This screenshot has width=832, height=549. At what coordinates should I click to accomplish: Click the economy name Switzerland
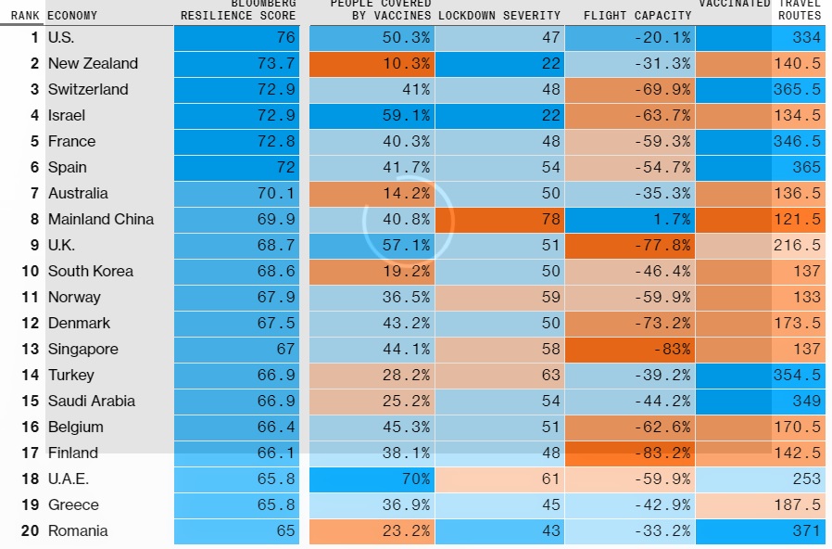(88, 90)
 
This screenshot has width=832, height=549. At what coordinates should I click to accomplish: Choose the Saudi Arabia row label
(92, 402)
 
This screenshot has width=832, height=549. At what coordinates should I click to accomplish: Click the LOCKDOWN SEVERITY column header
(499, 16)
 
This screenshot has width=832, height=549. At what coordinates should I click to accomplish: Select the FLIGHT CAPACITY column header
(637, 16)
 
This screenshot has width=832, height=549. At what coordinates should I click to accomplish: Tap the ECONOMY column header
(72, 16)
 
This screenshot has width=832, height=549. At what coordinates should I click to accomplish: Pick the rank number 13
(31, 350)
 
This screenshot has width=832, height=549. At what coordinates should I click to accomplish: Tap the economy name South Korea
(91, 272)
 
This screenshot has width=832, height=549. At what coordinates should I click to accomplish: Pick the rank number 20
(31, 531)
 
